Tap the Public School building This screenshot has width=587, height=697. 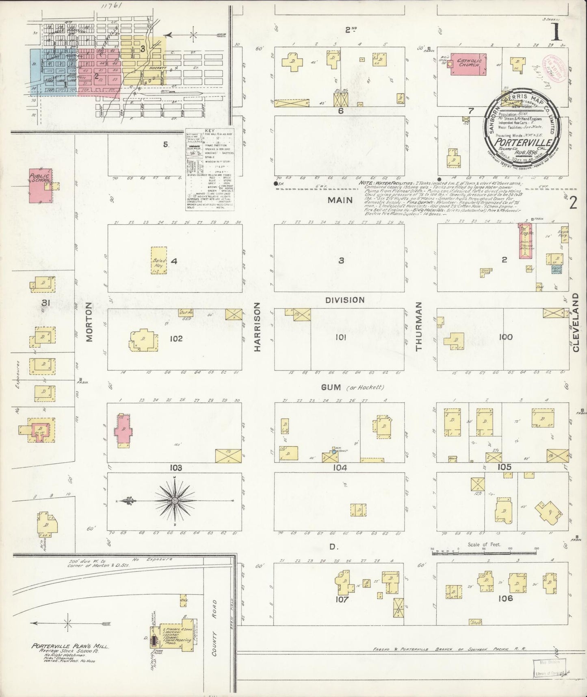point(41,186)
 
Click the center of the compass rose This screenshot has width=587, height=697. point(175,500)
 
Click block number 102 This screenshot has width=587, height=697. point(176,338)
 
